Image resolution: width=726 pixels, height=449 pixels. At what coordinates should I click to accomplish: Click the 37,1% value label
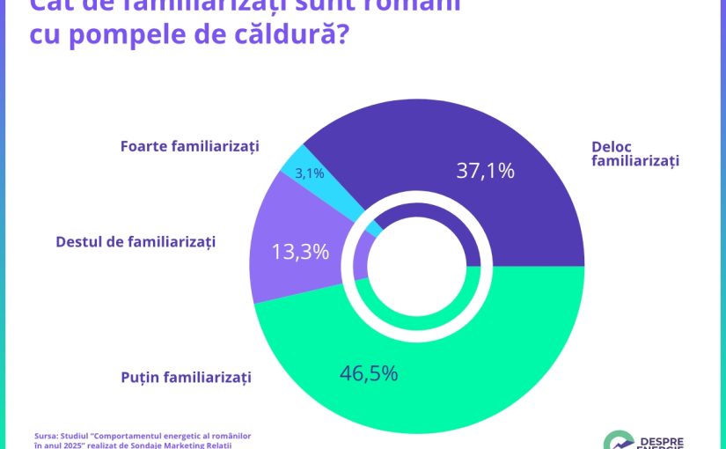(485, 171)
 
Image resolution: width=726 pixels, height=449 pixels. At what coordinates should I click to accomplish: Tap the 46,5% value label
(369, 372)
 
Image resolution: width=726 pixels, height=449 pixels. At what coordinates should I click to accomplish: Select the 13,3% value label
(300, 252)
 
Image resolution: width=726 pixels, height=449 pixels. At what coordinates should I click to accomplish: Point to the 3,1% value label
(310, 173)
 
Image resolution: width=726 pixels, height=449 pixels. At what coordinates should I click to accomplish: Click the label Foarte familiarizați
(189, 146)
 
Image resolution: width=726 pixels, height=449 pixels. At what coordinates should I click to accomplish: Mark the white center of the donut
(417, 266)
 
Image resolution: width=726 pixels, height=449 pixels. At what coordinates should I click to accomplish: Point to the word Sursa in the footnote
(48, 435)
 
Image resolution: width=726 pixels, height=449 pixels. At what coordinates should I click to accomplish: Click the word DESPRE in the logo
(661, 439)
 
